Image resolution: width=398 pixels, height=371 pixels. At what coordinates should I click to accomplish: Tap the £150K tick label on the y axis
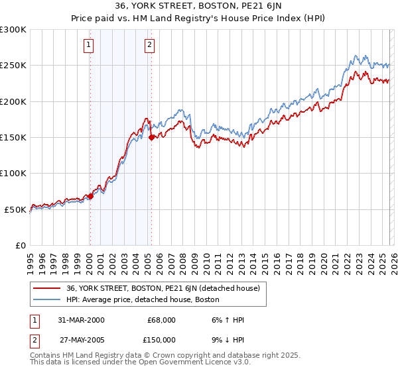13,138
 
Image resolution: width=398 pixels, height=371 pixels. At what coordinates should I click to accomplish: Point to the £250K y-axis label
13,66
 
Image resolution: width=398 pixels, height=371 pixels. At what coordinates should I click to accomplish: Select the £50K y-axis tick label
15,209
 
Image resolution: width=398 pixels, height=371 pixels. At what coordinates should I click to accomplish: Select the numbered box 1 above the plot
89,45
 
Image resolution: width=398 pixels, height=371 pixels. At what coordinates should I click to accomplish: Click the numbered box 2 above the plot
149,45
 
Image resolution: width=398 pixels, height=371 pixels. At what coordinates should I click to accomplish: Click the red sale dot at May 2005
152,137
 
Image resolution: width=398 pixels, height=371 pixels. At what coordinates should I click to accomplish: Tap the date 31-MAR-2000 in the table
81,320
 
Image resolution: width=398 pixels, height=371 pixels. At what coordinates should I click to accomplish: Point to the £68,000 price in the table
161,320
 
